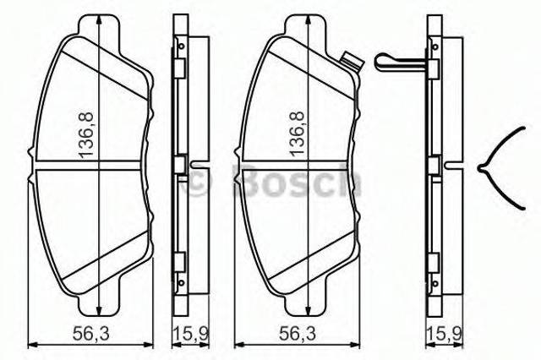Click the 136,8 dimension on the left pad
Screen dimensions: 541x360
click(x=86, y=135)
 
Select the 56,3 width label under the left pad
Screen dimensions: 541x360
click(x=90, y=199)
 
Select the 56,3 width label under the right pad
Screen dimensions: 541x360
click(x=298, y=199)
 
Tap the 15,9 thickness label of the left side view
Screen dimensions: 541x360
click(x=191, y=199)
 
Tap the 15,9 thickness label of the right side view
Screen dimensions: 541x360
click(x=445, y=199)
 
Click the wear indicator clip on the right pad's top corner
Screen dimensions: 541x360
click(x=352, y=63)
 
